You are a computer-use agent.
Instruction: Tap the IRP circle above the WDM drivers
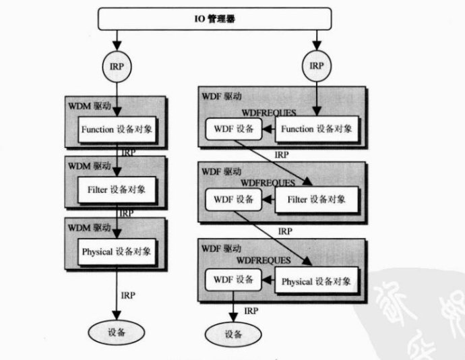click(x=117, y=66)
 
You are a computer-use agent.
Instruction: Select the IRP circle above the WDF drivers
click(x=315, y=66)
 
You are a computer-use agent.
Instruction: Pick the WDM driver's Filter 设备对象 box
click(x=117, y=190)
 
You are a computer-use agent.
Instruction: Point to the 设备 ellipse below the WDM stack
click(x=117, y=332)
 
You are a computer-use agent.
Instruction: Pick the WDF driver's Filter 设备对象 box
click(x=315, y=200)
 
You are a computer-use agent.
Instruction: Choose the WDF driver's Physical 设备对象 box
click(x=316, y=281)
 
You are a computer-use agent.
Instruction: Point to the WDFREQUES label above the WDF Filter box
click(x=268, y=183)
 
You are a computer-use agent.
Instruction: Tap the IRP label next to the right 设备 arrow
click(x=251, y=311)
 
